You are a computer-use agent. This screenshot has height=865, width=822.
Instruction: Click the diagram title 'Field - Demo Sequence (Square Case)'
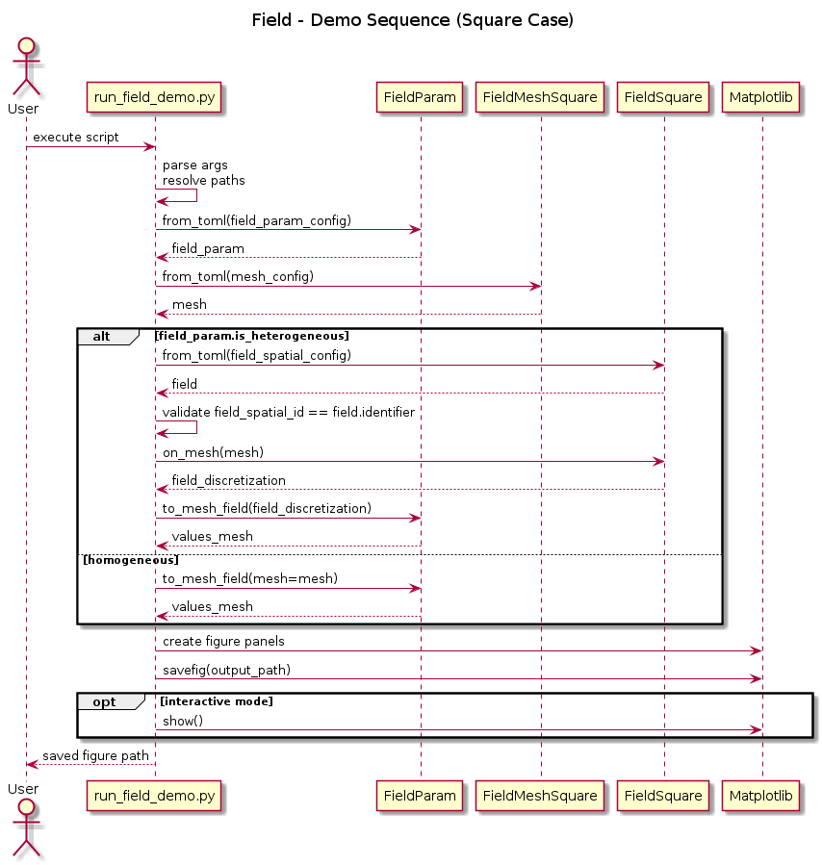[413, 20]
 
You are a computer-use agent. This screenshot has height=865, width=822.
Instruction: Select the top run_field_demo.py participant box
[154, 97]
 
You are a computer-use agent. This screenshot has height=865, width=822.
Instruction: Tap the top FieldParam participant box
[420, 97]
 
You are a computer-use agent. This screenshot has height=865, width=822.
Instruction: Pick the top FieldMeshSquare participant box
[540, 97]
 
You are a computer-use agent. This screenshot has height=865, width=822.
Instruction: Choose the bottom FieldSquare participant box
[663, 796]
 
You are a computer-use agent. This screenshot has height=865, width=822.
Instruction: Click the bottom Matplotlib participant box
[760, 796]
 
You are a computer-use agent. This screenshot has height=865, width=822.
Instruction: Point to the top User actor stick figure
[26, 67]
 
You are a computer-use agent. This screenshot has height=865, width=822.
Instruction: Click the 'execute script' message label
[76, 138]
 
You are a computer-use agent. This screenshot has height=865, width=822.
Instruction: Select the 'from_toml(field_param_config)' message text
[257, 220]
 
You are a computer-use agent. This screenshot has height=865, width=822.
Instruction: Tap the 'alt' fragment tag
[101, 337]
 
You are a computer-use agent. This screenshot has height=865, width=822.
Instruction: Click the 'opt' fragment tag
[104, 701]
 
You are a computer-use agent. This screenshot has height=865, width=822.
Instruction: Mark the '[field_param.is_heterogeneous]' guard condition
[252, 336]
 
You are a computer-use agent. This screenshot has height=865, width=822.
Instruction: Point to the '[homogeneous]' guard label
[131, 561]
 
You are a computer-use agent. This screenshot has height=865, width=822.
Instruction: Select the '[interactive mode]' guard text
[217, 701]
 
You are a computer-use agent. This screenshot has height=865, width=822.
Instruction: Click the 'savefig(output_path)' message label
[227, 671]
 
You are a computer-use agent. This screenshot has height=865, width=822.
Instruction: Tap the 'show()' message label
[183, 721]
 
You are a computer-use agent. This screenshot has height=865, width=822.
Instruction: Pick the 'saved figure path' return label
[95, 755]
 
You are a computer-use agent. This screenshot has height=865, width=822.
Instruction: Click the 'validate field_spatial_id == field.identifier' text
[289, 412]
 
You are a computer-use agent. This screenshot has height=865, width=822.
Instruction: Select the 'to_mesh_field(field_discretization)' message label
[267, 508]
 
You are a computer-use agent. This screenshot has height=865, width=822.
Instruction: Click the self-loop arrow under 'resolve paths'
[197, 195]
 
